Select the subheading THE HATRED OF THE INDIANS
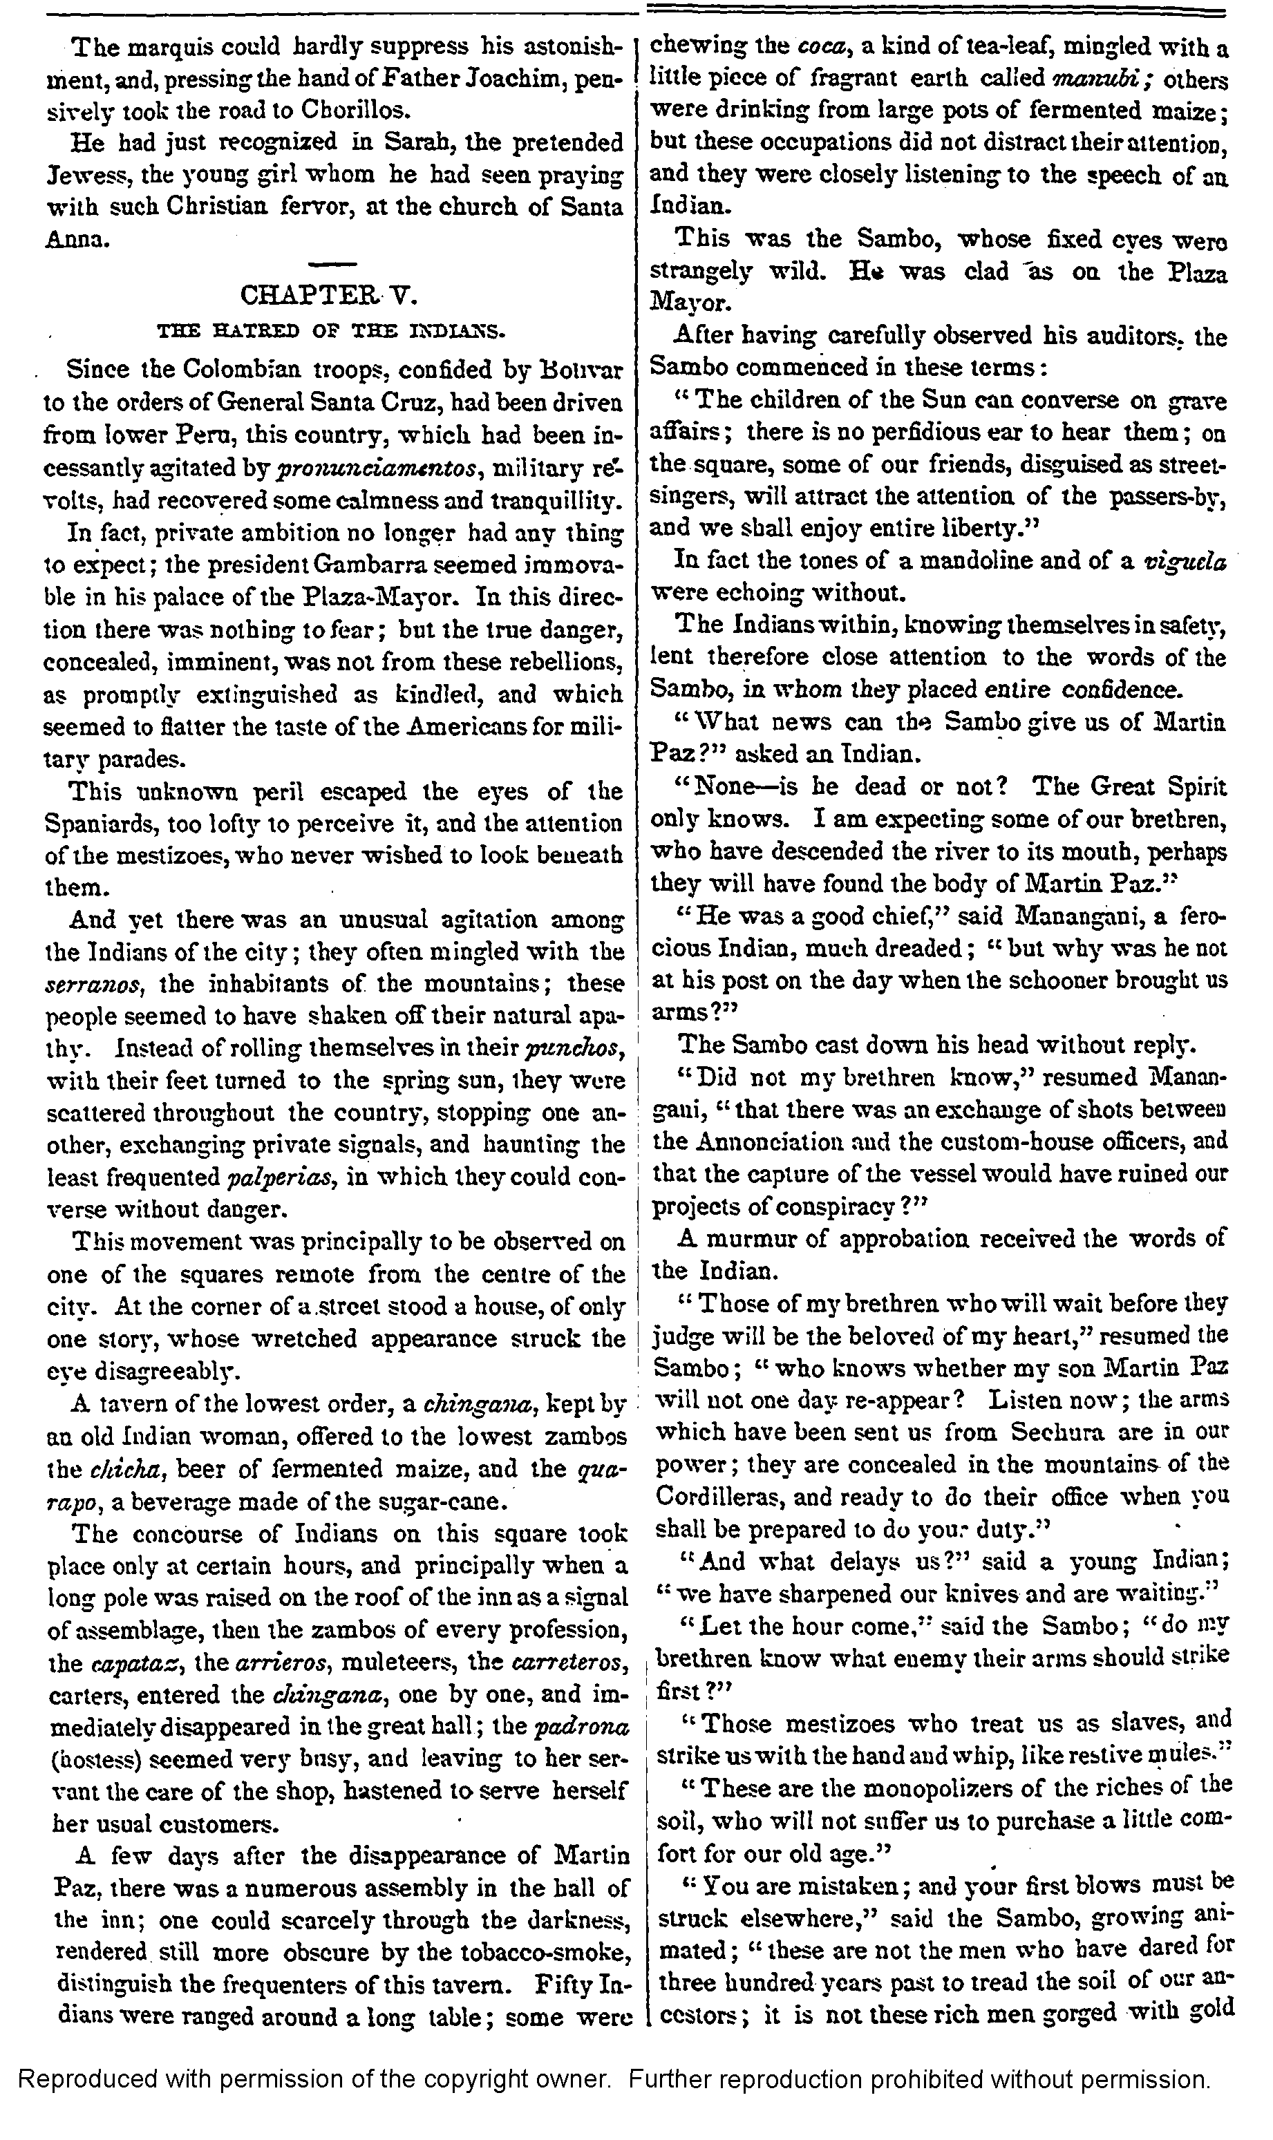point(334,330)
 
